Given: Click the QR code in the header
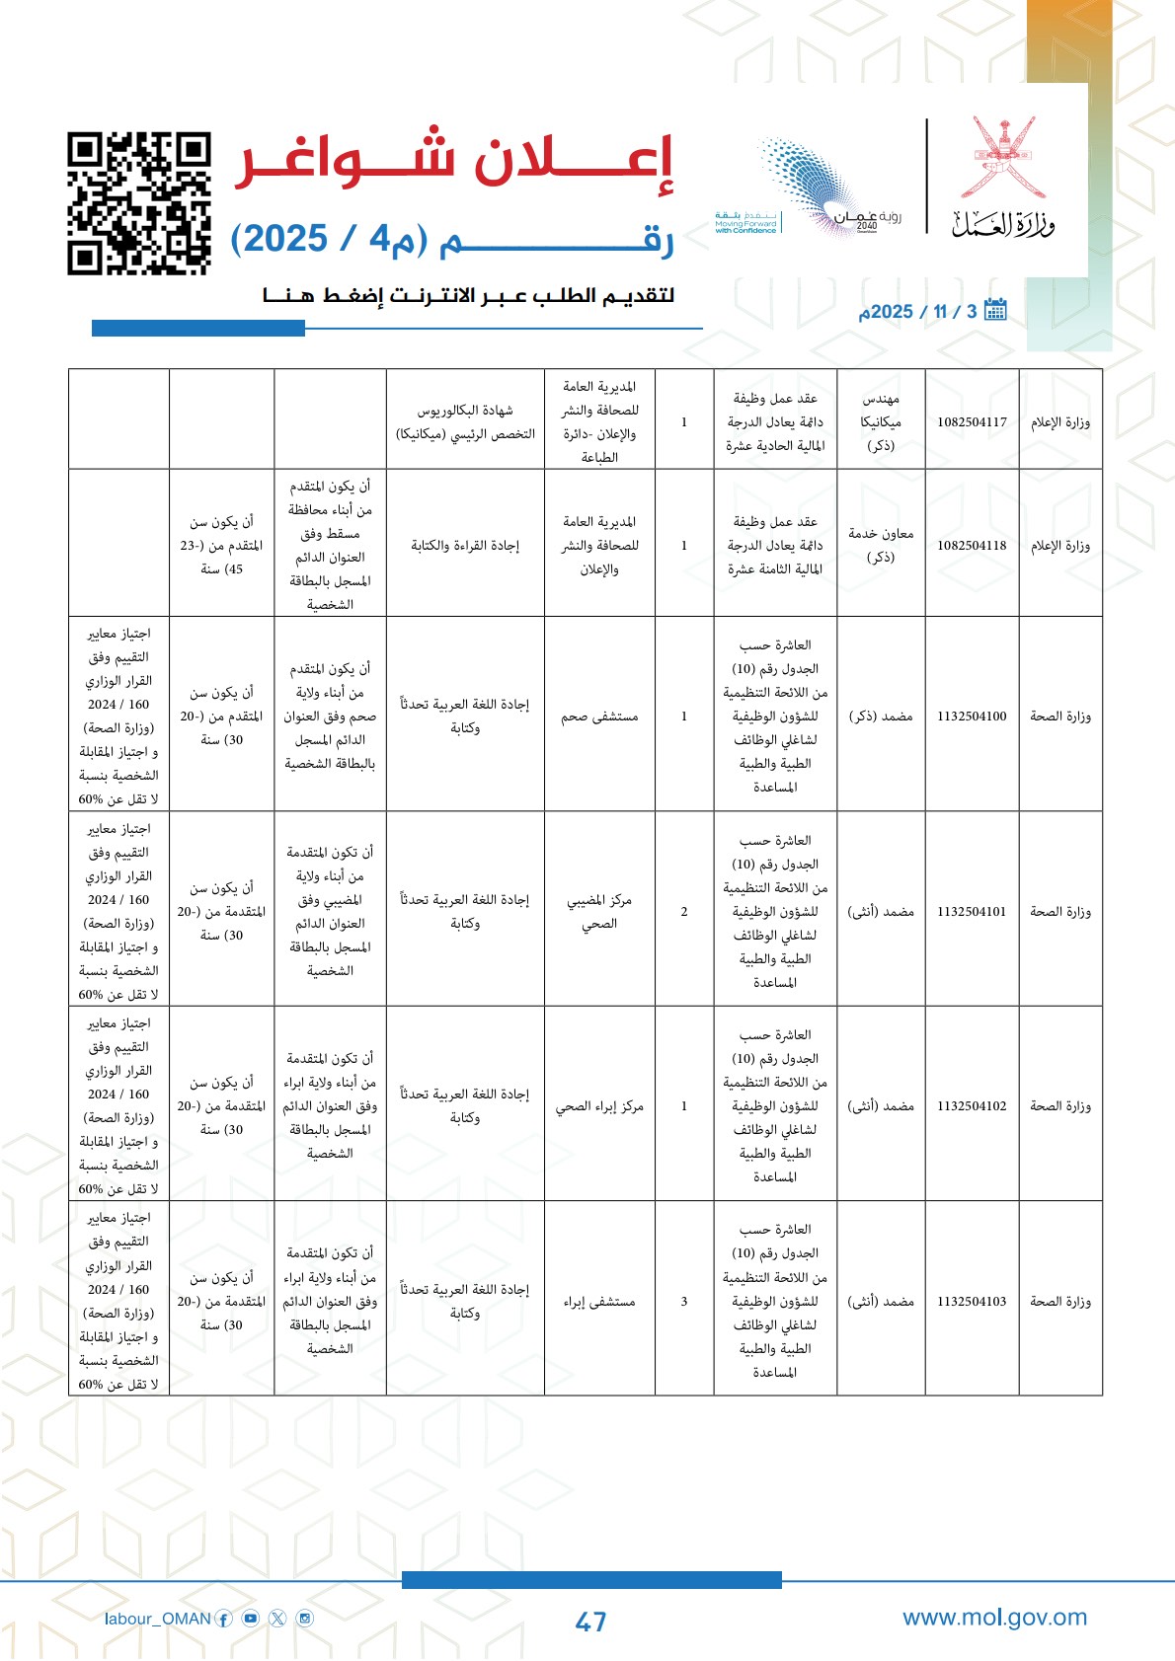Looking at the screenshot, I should [x=139, y=203].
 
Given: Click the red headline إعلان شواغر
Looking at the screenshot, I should [x=453, y=160].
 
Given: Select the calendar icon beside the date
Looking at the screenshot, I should [x=995, y=310].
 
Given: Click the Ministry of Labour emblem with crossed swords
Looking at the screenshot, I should [x=1003, y=158].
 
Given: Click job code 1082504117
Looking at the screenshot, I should [x=972, y=422].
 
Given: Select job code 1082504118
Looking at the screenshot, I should [x=972, y=546].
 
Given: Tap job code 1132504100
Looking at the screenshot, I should [x=972, y=717].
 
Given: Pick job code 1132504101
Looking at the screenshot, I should [x=972, y=912].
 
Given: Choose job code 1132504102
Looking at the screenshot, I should [x=972, y=1106].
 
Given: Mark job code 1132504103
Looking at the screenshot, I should [x=972, y=1302].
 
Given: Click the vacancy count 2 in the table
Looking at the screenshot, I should [x=684, y=912].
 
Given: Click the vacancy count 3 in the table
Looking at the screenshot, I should [x=684, y=1302].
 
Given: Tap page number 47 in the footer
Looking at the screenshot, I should [x=590, y=1622].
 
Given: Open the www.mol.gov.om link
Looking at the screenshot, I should [x=994, y=1618].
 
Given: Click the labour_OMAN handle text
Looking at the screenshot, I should [x=158, y=1619].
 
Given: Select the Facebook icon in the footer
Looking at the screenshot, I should [x=224, y=1619].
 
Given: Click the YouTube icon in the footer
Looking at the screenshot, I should [x=251, y=1619].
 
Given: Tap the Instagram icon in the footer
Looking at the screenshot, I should [x=305, y=1619].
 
